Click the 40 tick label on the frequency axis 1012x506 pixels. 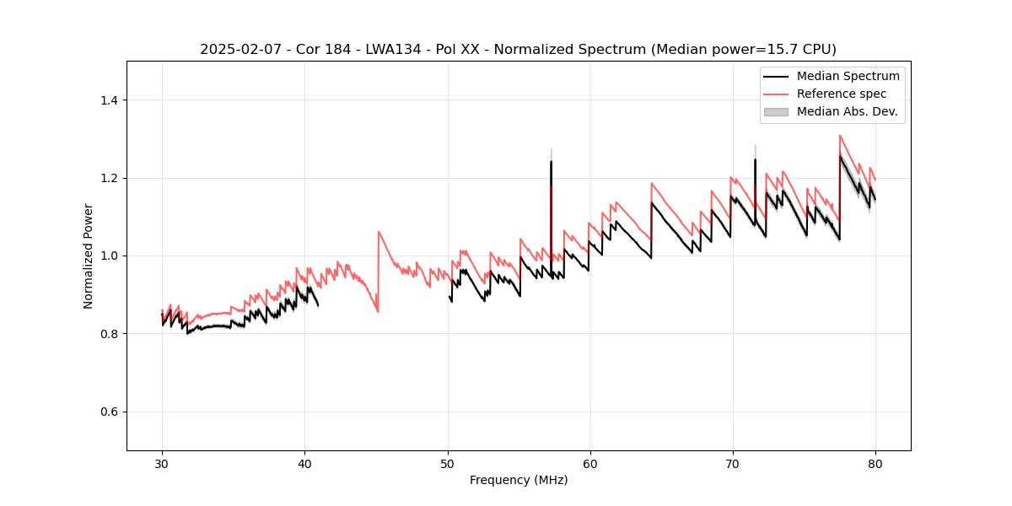point(304,463)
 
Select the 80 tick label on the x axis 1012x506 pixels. point(875,463)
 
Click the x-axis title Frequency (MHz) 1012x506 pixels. point(519,480)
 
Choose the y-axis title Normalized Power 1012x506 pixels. point(89,256)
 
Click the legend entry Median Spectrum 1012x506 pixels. point(848,76)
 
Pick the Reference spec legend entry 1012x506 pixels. point(841,94)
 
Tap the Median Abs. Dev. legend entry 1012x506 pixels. point(847,111)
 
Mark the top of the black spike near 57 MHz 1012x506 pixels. point(551,161)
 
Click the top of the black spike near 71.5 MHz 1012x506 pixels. point(755,159)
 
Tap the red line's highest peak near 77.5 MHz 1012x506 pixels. point(840,135)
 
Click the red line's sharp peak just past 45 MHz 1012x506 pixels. point(379,231)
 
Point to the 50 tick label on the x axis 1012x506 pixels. point(447,463)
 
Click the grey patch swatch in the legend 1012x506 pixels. point(776,111)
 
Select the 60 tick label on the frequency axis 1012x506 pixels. point(589,463)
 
